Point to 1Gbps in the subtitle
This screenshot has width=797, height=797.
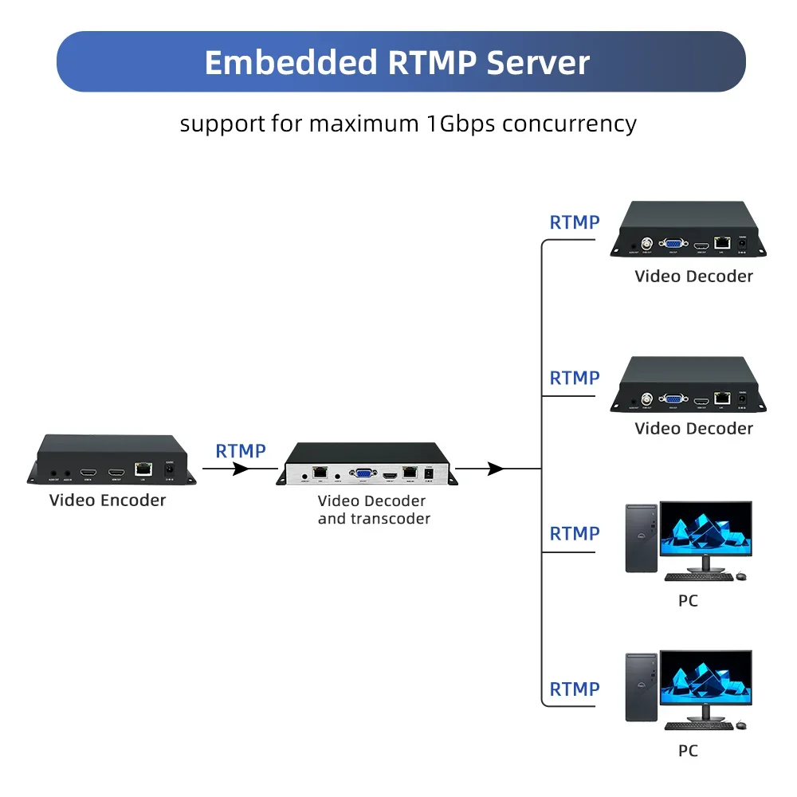[x=459, y=124]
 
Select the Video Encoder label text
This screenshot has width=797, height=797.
[x=108, y=501]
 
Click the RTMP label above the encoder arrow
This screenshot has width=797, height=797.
[x=241, y=451]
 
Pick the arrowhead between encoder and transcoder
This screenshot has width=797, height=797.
[x=240, y=469]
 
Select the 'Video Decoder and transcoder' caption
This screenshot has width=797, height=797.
[x=374, y=510]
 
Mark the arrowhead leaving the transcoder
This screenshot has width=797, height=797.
[x=496, y=469]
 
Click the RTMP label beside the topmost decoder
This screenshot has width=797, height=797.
[x=575, y=222]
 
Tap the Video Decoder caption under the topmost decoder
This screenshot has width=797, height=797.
[x=693, y=277]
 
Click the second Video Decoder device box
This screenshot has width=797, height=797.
[x=689, y=384]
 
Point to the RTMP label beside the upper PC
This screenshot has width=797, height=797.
[x=575, y=533]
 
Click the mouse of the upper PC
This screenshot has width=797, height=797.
[x=741, y=575]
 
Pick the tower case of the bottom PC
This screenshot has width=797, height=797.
[x=642, y=687]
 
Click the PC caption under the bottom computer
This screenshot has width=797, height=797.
[x=688, y=751]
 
